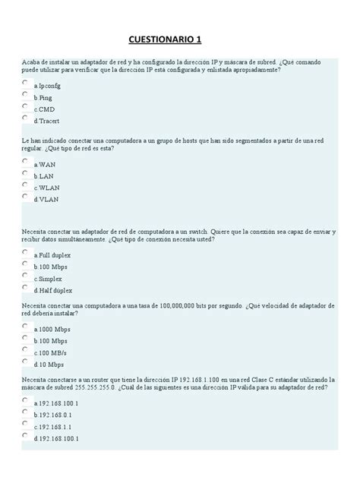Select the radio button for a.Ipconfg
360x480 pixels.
point(25,84)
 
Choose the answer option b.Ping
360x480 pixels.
point(43,98)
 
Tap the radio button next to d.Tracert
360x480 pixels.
point(25,118)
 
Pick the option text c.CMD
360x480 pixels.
point(45,109)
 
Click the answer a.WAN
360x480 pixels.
point(45,164)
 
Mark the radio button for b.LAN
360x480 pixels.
point(25,174)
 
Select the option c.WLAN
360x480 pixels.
point(47,187)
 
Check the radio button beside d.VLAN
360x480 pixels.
point(25,197)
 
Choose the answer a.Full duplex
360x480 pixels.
point(52,255)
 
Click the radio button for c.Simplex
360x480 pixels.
point(25,277)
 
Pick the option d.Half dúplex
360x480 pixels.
point(53,290)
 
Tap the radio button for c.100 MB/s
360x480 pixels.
point(25,351)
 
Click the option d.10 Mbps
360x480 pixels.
point(49,365)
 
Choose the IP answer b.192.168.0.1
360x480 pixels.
point(53,415)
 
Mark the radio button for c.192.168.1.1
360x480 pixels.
point(25,425)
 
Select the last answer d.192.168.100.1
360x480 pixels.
point(56,439)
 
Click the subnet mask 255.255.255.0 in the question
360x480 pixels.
point(89,387)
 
